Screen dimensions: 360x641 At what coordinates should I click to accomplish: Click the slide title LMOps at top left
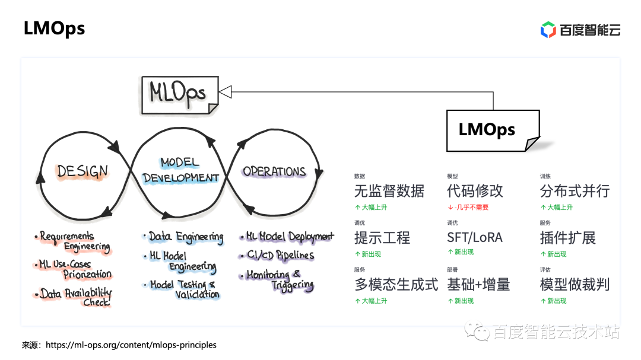(54, 28)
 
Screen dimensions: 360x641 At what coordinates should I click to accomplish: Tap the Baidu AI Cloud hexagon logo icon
(548, 29)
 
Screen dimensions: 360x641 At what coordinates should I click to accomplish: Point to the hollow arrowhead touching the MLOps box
(226, 91)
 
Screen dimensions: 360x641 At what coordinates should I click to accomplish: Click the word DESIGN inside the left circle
(82, 171)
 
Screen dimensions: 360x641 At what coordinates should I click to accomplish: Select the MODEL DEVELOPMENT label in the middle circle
(180, 170)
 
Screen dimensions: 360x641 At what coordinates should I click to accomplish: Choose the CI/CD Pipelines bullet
(280, 256)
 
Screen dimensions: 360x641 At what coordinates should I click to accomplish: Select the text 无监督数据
(389, 191)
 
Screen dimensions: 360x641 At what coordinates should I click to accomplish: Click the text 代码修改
(475, 191)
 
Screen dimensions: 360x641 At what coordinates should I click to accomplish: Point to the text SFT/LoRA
(474, 238)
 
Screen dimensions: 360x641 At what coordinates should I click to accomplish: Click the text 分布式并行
(575, 191)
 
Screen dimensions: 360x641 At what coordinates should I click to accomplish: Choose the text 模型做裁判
(575, 285)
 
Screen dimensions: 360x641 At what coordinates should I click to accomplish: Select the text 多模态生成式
(396, 285)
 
